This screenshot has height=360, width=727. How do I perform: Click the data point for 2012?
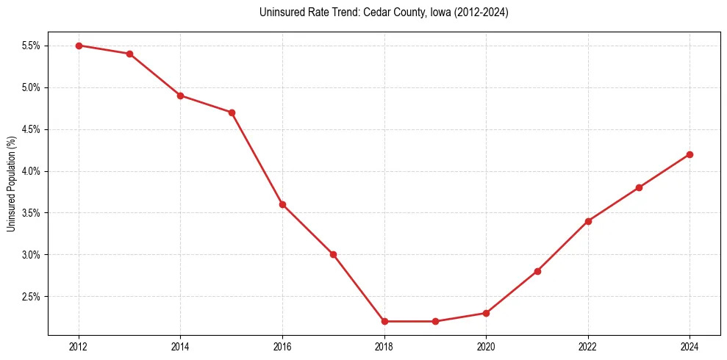click(x=79, y=46)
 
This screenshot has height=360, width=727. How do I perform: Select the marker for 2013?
click(x=129, y=54)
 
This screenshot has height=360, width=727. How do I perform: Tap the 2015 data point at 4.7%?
click(x=232, y=112)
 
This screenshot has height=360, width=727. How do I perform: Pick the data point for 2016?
click(x=282, y=204)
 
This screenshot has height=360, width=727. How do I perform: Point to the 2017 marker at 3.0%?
click(x=333, y=254)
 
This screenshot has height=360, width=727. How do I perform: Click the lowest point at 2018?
click(x=384, y=321)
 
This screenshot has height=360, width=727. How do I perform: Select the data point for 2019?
click(x=435, y=321)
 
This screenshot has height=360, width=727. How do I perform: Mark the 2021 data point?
click(x=537, y=271)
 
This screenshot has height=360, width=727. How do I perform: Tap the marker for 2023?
click(x=639, y=187)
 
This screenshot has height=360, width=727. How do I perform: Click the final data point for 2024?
click(x=690, y=154)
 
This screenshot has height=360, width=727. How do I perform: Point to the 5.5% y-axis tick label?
click(x=32, y=46)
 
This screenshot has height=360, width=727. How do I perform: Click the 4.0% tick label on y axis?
click(x=32, y=171)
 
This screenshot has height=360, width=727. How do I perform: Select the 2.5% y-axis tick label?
click(x=32, y=297)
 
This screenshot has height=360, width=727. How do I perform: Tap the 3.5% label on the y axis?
click(x=32, y=213)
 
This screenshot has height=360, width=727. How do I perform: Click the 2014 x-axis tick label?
click(x=181, y=347)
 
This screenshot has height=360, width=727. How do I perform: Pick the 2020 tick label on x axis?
click(x=486, y=347)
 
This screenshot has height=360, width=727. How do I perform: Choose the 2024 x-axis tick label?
click(x=690, y=347)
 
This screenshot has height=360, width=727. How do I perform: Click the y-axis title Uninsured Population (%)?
click(x=12, y=184)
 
